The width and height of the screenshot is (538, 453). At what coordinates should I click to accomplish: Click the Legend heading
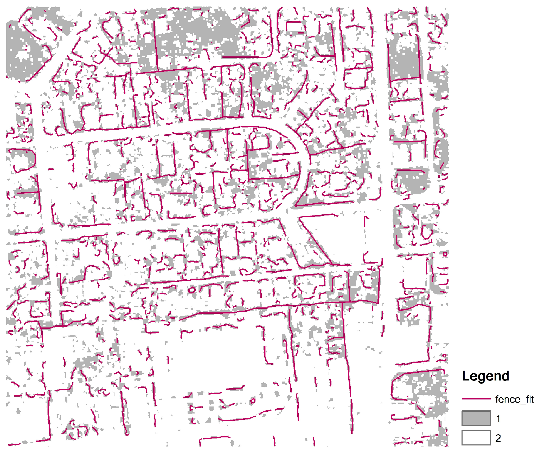click(485, 376)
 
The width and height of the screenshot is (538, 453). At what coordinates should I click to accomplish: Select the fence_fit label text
click(514, 399)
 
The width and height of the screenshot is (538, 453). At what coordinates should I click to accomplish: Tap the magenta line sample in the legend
click(476, 399)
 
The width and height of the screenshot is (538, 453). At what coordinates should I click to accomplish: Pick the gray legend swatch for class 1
click(476, 418)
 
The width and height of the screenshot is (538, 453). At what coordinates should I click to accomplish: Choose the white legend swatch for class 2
click(476, 438)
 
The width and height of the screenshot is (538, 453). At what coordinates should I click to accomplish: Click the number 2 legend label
click(498, 438)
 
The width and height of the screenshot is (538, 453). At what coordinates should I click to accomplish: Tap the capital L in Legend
click(466, 376)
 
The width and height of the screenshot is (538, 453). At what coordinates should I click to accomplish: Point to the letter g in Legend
click(481, 377)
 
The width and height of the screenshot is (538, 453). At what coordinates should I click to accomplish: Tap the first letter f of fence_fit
click(497, 399)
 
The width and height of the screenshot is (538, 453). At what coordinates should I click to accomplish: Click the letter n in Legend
click(497, 377)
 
